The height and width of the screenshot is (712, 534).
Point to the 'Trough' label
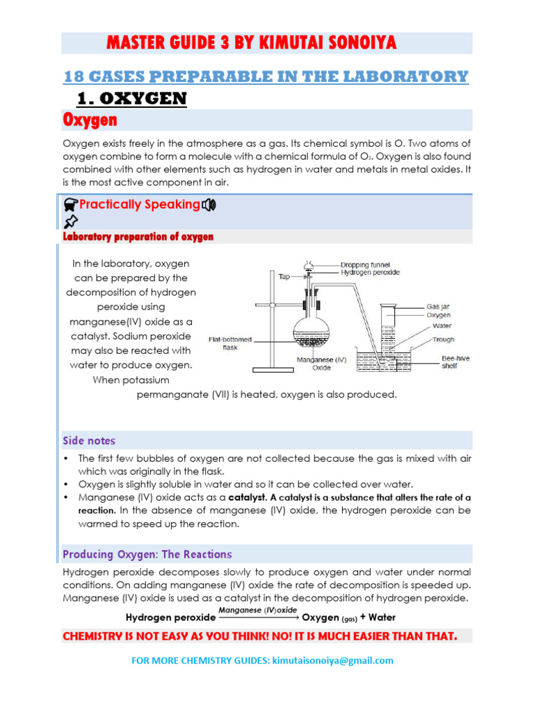tap(443, 339)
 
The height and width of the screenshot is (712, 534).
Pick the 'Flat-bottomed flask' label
tap(231, 344)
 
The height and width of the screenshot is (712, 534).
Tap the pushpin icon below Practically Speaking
tap(70, 222)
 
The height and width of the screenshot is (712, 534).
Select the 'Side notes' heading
tap(89, 441)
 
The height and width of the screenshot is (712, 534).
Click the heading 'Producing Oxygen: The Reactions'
tap(147, 554)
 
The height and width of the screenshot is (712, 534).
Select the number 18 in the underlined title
tap(74, 76)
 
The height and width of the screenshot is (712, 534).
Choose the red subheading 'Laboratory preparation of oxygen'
tap(138, 237)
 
